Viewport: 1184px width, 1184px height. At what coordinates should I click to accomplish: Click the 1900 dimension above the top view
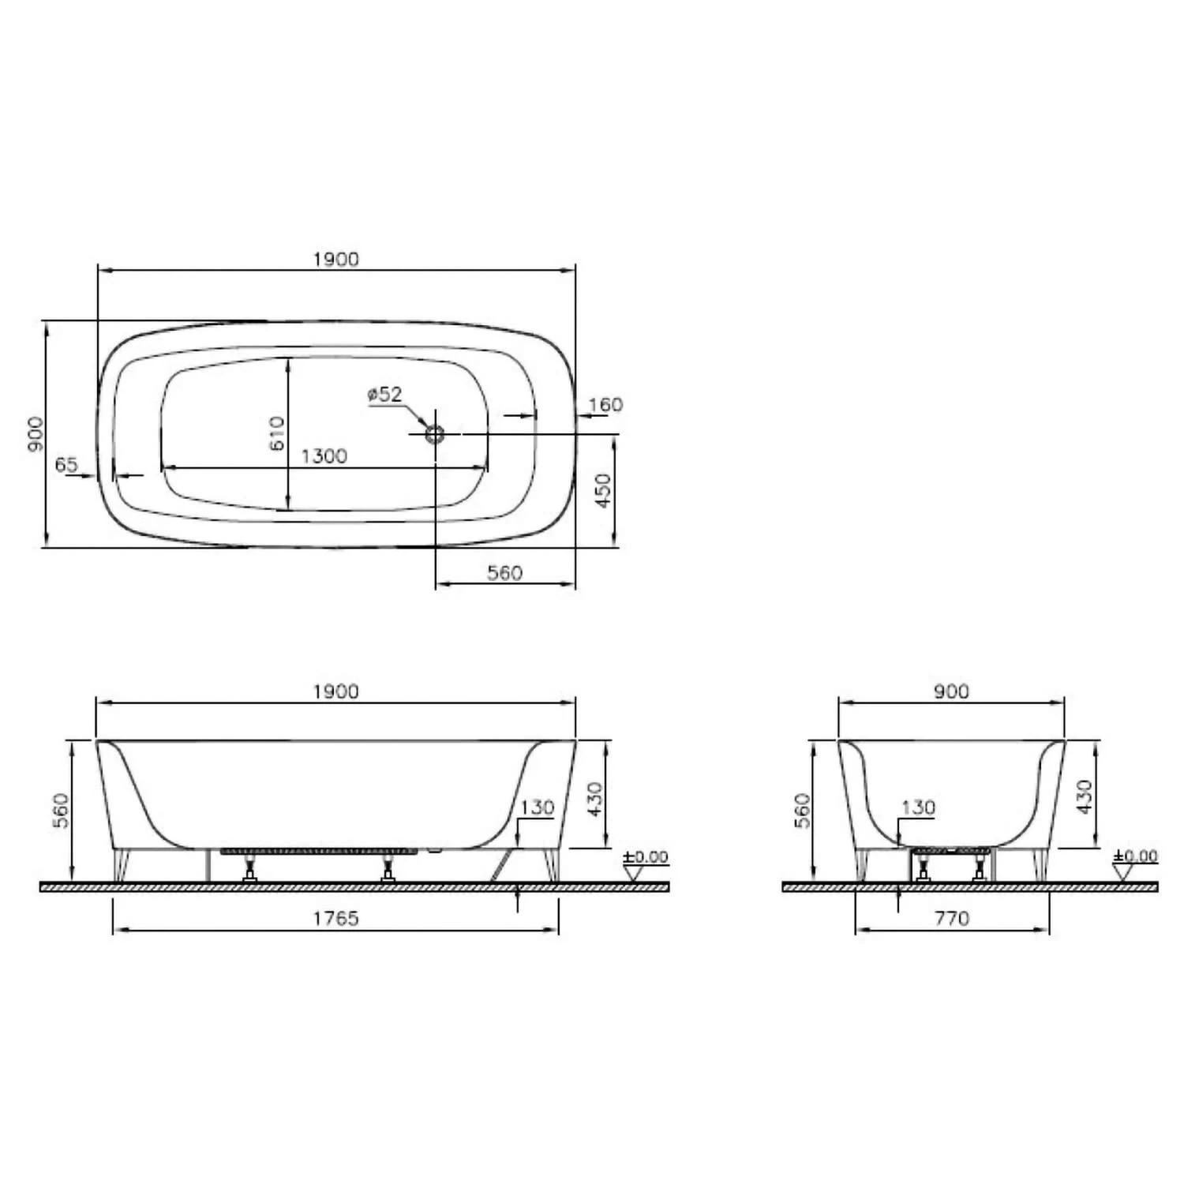click(x=335, y=259)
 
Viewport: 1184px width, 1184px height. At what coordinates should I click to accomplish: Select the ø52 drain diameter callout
click(x=385, y=395)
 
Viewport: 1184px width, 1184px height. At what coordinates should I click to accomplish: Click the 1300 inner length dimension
click(x=324, y=456)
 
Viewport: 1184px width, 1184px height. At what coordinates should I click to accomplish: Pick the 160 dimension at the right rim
click(x=605, y=405)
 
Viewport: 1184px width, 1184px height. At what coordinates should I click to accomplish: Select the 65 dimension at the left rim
click(x=66, y=464)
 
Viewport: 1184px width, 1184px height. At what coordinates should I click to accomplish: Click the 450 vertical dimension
click(x=603, y=490)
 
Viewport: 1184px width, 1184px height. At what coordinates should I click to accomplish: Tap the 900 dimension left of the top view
click(x=36, y=433)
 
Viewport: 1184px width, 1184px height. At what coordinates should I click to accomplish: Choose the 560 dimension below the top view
click(x=504, y=572)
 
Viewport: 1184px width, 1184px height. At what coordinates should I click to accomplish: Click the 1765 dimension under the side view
click(x=335, y=918)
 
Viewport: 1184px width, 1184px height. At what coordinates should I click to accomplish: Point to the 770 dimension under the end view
click(x=952, y=918)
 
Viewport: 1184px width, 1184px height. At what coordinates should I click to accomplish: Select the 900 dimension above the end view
click(x=951, y=691)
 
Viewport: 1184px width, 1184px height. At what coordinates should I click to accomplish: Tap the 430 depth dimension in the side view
click(x=595, y=799)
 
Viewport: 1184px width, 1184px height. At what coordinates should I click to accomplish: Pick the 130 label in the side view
click(x=538, y=807)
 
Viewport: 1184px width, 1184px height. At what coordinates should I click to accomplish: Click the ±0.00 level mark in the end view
click(x=1135, y=856)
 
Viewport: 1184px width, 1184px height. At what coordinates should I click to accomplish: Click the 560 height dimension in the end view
click(x=802, y=811)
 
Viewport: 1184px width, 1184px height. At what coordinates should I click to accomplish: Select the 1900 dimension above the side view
click(x=335, y=691)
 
